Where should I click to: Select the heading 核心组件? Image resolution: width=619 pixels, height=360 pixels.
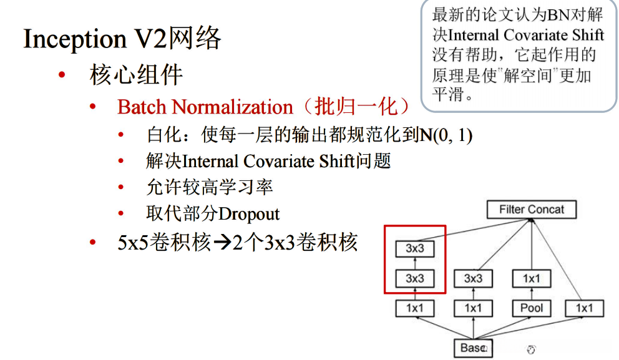tap(136, 75)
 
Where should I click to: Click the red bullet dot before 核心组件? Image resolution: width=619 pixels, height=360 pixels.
tap(61, 76)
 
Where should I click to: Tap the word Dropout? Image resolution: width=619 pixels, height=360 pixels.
tap(249, 214)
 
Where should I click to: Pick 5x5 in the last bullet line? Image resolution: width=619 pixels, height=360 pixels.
tap(132, 243)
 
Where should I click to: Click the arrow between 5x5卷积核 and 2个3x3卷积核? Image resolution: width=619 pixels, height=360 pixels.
tap(222, 243)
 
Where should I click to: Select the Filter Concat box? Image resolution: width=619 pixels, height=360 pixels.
tap(532, 210)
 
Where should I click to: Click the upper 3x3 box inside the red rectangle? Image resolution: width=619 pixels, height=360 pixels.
tap(415, 248)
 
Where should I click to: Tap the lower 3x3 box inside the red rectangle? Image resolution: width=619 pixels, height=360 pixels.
tap(415, 278)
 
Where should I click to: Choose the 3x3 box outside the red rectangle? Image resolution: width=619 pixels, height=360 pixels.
tap(473, 278)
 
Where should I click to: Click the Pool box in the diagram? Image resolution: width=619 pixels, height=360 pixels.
tap(531, 308)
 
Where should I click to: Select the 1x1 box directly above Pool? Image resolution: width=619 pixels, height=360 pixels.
tap(531, 278)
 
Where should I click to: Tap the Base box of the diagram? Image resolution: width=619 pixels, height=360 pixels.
tap(472, 348)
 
